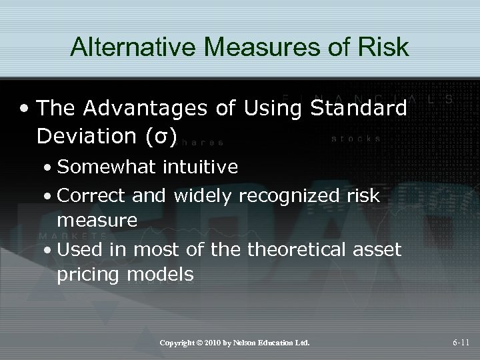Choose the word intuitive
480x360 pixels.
(x=199, y=167)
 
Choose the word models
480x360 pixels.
(x=159, y=273)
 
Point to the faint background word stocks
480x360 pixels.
(x=356, y=139)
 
